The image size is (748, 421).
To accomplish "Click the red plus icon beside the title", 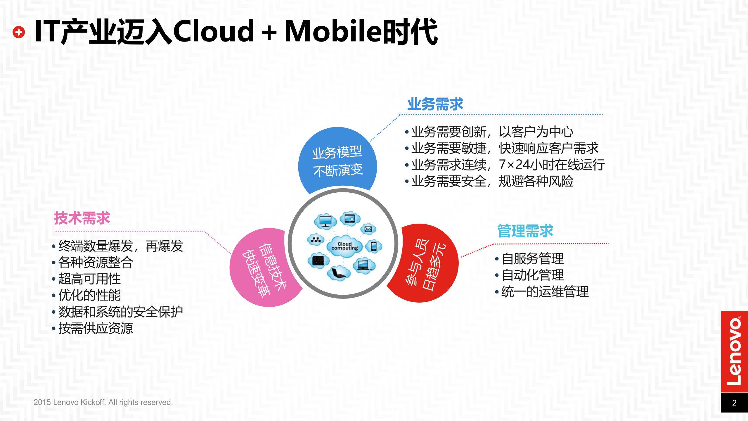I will click(19, 32).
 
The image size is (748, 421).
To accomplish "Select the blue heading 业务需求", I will click(435, 104).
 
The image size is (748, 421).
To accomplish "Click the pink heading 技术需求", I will click(82, 218).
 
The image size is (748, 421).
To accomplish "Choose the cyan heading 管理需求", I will click(525, 231).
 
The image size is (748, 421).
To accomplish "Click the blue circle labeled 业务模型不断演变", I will click(337, 161).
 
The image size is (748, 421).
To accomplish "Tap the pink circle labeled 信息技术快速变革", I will click(263, 269).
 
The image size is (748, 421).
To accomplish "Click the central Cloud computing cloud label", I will click(345, 246).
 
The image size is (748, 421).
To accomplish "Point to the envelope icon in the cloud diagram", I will click(368, 229).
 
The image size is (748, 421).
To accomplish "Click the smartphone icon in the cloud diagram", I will click(374, 246).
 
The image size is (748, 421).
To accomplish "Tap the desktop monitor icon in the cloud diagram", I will click(325, 221).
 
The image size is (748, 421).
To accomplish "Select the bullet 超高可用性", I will click(89, 279).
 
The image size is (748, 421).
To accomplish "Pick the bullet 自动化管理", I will click(532, 275).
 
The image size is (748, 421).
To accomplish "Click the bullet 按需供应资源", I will click(96, 328).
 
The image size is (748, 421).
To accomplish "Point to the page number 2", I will click(734, 403).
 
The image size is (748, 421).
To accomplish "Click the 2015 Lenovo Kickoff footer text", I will click(103, 402).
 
